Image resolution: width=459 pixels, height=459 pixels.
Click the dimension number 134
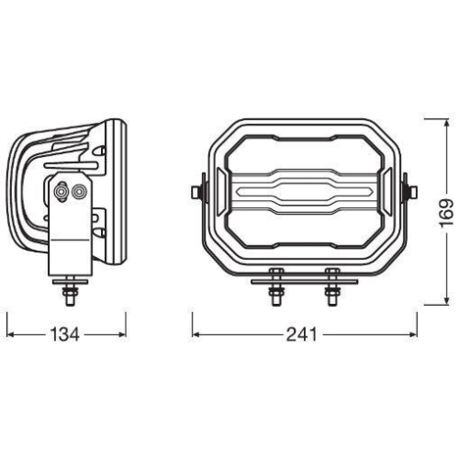pos(65,335)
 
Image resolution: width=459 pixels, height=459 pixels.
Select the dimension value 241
pos(300,335)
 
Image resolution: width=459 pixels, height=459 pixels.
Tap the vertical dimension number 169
pos(444,213)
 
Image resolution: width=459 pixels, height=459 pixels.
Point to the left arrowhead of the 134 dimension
pos(12,335)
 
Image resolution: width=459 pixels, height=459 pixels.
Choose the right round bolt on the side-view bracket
pos(80,191)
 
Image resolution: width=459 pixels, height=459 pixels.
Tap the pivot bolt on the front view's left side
pos(197,192)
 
